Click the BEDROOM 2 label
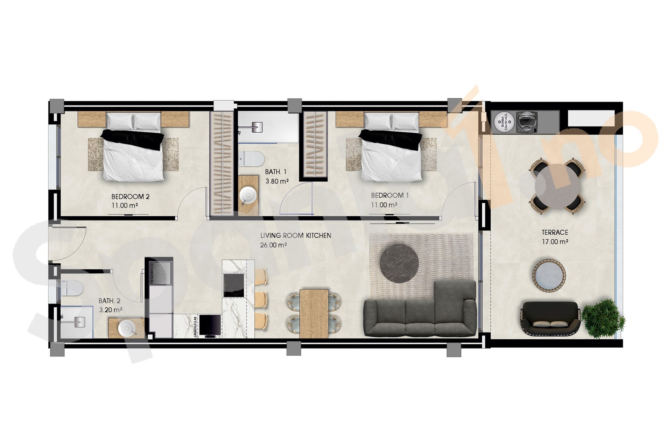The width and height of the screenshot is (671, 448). [x=130, y=196]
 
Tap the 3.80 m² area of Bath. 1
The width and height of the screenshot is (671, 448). [x=276, y=181]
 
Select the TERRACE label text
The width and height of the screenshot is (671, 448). [x=554, y=232]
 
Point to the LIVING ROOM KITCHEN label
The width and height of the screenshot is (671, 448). [x=295, y=236]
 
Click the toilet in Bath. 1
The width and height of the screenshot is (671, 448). [x=254, y=159]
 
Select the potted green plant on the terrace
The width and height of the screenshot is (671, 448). [x=603, y=317]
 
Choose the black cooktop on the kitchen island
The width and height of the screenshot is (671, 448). [x=234, y=285]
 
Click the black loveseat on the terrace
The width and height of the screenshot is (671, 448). [x=550, y=320]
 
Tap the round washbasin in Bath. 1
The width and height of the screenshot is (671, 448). [x=248, y=195]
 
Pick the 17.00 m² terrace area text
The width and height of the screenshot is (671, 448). [x=554, y=242]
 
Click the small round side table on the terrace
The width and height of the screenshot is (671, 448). [x=549, y=275]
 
